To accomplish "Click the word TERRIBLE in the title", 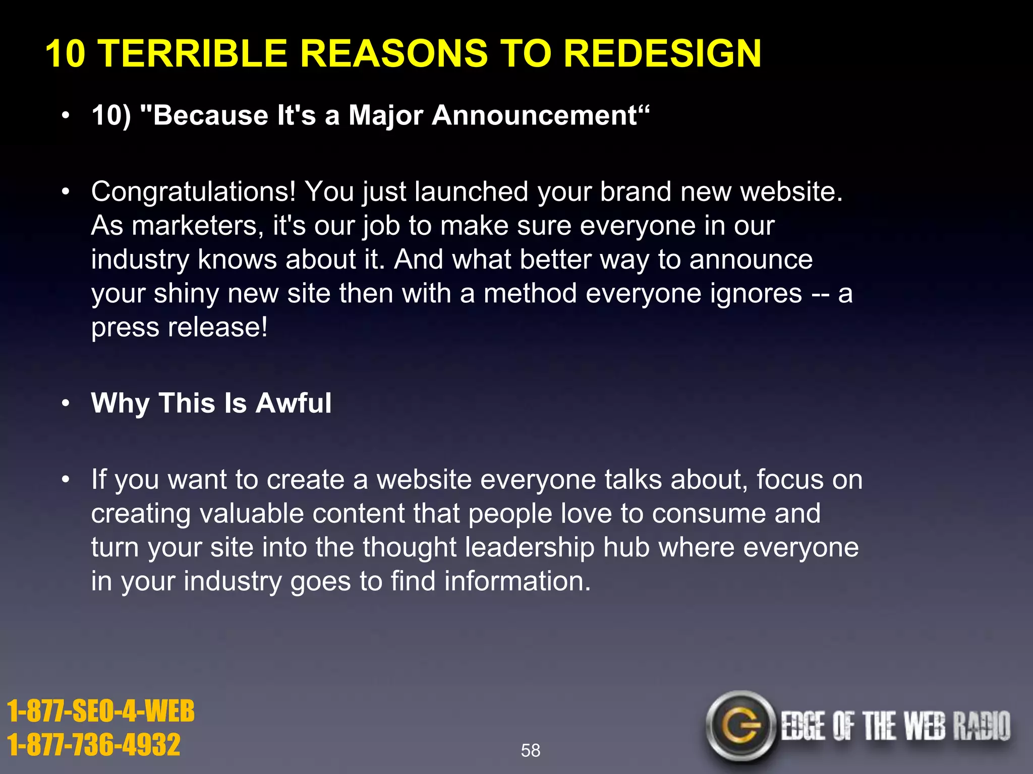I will point(194,53).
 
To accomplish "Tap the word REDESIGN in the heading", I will point(662,53).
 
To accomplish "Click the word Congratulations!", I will point(193,192).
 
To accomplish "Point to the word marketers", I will point(197,226).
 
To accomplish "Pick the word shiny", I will point(186,294).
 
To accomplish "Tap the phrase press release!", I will point(179,328).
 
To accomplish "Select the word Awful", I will point(294,403).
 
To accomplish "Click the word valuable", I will point(251,513).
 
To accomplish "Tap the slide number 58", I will point(530,750).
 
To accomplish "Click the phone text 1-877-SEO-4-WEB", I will point(101,711).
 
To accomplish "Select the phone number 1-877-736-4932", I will point(94,745).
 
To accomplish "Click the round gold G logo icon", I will point(740,726).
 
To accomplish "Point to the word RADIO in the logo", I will point(981,726).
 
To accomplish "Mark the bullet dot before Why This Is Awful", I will point(65,404).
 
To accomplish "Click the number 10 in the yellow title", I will point(65,53).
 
